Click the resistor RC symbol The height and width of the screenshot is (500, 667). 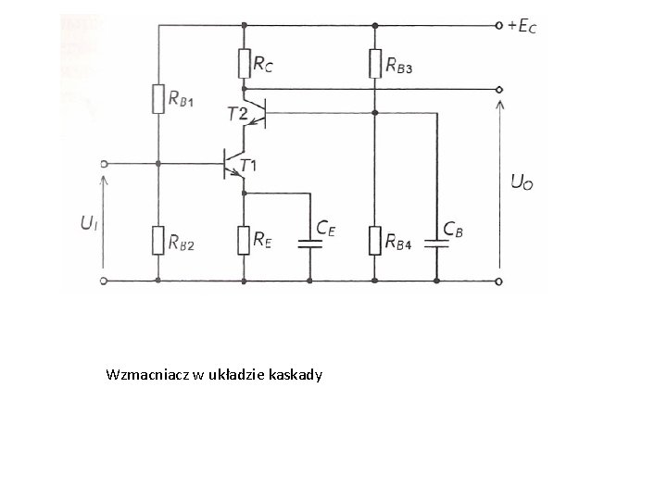coord(244,63)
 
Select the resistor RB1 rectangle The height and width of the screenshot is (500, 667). coord(158,98)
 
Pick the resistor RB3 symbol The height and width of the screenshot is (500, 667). coord(374,63)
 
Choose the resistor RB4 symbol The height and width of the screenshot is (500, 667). coord(374,240)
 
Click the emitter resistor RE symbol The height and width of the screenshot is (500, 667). coord(244,240)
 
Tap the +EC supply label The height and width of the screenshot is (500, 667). coord(522,27)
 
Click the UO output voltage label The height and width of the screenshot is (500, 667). coord(522,182)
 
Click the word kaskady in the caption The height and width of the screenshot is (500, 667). coord(295,375)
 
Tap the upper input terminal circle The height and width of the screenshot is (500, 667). coord(104,164)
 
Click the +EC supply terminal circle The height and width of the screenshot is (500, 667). coord(500,26)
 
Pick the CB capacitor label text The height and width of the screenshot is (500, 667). coord(454,227)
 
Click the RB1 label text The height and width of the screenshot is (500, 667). coord(182,101)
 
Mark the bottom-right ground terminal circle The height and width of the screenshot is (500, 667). coord(500,280)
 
